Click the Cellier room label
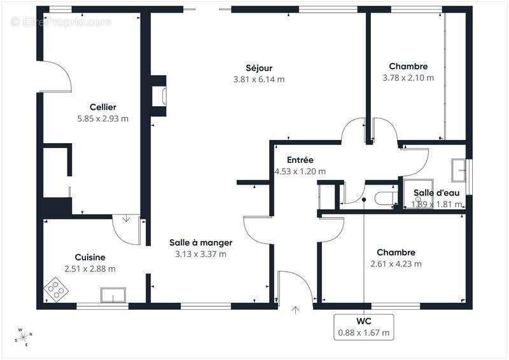(x=103, y=107)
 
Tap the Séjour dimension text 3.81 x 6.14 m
(x=259, y=80)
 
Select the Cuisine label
(x=90, y=258)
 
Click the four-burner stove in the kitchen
(x=56, y=289)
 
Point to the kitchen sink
(x=113, y=295)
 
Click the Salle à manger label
(x=201, y=242)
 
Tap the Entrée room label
(x=300, y=160)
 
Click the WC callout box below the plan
(x=364, y=327)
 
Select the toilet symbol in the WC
(x=386, y=198)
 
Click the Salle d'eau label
(x=436, y=193)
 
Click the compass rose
(x=23, y=337)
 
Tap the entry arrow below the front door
(x=295, y=310)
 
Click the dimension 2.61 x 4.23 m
(x=396, y=264)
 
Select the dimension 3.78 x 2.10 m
(x=408, y=78)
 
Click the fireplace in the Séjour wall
(x=158, y=96)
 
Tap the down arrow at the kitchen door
(x=126, y=218)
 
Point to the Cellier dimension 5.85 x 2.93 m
(x=103, y=119)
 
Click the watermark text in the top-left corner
(x=60, y=22)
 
